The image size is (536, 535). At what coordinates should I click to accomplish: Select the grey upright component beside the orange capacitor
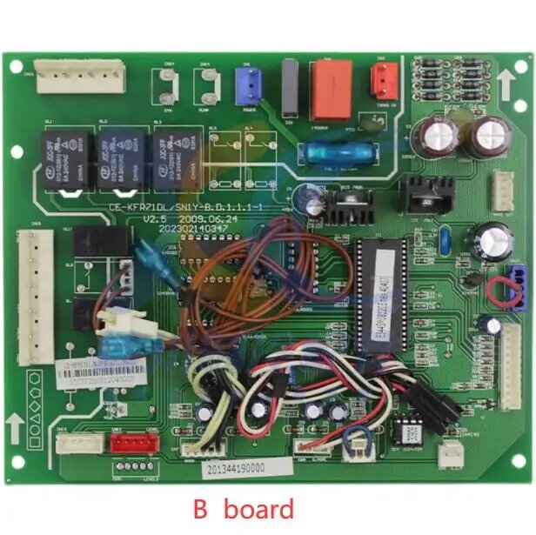(x=291, y=87)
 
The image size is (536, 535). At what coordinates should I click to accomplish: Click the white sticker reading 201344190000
(x=236, y=467)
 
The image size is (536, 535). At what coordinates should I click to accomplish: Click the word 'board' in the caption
(x=258, y=508)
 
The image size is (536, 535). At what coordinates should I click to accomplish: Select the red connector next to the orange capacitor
(x=382, y=80)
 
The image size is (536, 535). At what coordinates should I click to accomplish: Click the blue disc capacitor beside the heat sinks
(x=446, y=238)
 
